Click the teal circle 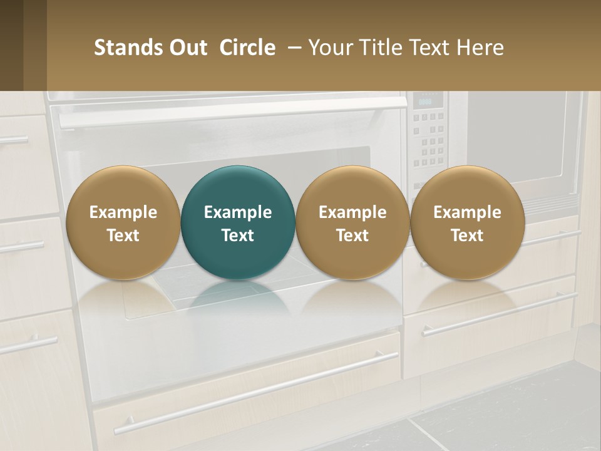[x=238, y=222]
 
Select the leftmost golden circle [x=123, y=222]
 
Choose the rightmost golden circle [x=467, y=222]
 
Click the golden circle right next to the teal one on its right [x=352, y=222]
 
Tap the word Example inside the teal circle [x=238, y=212]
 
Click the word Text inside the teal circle [x=238, y=236]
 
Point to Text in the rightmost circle [x=467, y=236]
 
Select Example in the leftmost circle [x=123, y=212]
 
